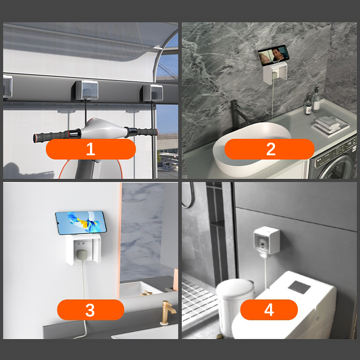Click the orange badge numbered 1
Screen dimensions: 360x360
[x=91, y=149]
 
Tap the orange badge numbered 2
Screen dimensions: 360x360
[x=269, y=149]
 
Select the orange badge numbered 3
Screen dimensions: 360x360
[x=91, y=310]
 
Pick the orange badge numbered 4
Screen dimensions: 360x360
[x=269, y=310]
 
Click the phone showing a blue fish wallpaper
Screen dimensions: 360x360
[x=81, y=222]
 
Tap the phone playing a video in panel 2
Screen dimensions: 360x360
[x=274, y=55]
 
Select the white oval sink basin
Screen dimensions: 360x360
[x=252, y=149]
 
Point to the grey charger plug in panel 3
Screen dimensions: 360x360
[x=82, y=256]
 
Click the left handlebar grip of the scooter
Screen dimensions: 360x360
[x=51, y=136]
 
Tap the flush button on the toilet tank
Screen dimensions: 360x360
[x=299, y=287]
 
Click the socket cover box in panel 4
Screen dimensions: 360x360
[x=267, y=240]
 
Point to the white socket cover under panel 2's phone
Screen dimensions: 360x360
[x=275, y=72]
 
